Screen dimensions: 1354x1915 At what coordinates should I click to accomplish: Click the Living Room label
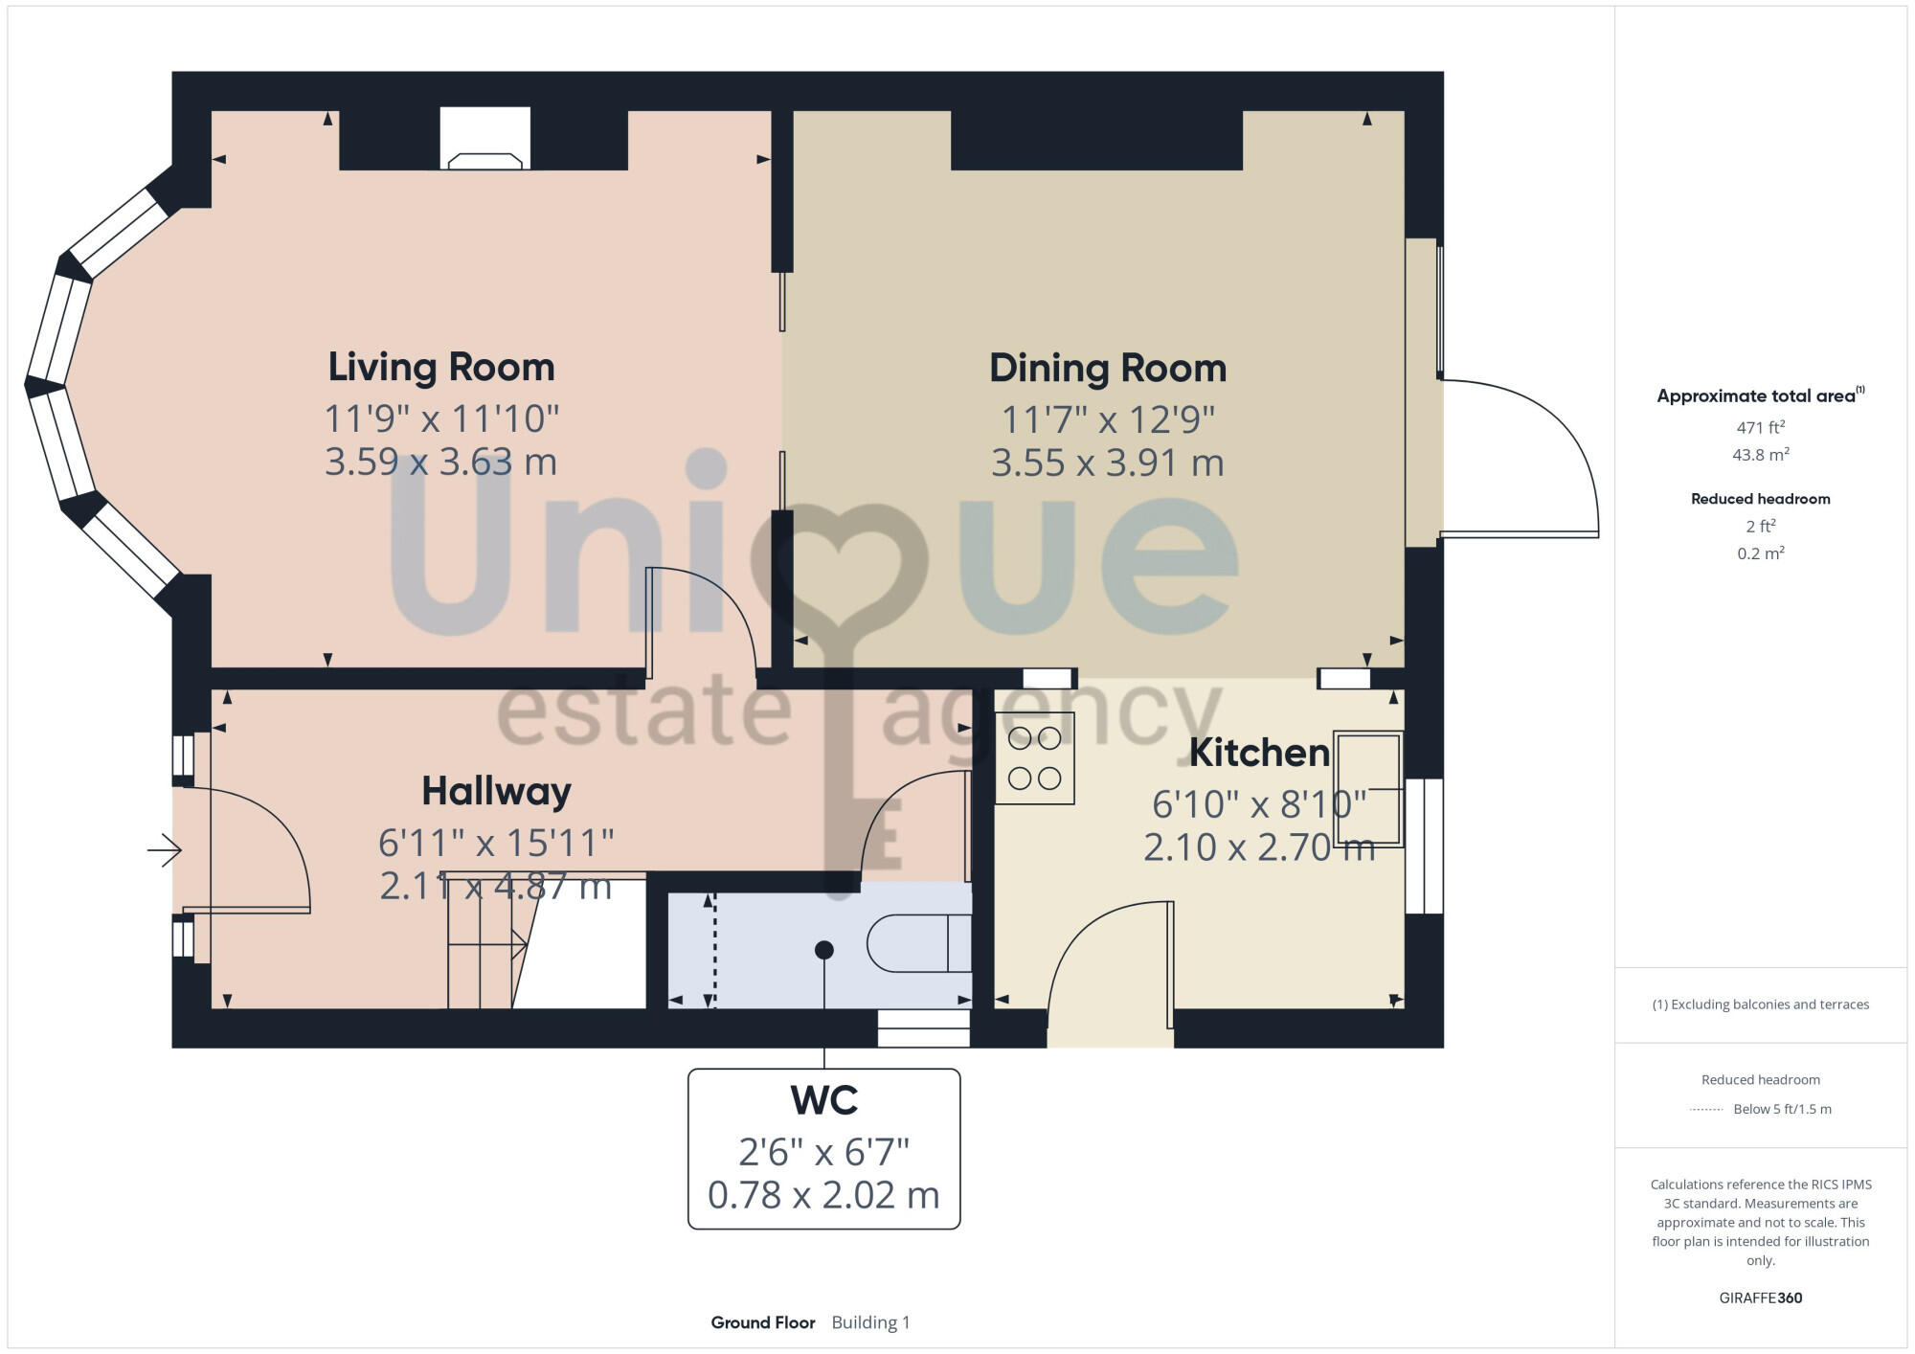[441, 368]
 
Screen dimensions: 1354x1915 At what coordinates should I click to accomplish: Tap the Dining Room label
[1108, 369]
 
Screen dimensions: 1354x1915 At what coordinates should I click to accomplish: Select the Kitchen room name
[1259, 754]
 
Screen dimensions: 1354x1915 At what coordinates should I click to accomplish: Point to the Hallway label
[496, 792]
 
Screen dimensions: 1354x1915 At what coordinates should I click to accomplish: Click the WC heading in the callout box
[824, 1101]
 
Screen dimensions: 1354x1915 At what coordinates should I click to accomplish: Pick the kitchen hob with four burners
[1035, 758]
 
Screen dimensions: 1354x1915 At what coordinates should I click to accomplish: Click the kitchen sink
[1369, 789]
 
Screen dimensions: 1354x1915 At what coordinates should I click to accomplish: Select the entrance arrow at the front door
[166, 849]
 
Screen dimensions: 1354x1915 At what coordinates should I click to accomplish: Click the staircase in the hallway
[484, 943]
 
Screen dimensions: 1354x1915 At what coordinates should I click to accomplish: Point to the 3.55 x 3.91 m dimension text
[1108, 463]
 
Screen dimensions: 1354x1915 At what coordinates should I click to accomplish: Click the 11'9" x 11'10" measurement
[441, 419]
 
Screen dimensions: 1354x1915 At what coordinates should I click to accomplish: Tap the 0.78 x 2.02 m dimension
[823, 1195]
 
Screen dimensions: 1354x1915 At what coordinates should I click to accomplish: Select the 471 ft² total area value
[1760, 428]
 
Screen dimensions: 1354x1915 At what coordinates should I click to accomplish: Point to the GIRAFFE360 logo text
[1760, 1298]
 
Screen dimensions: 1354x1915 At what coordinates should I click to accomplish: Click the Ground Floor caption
[763, 1322]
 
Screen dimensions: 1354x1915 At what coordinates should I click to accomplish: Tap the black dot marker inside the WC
[824, 950]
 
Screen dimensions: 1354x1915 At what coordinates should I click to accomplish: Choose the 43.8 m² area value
[1760, 455]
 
